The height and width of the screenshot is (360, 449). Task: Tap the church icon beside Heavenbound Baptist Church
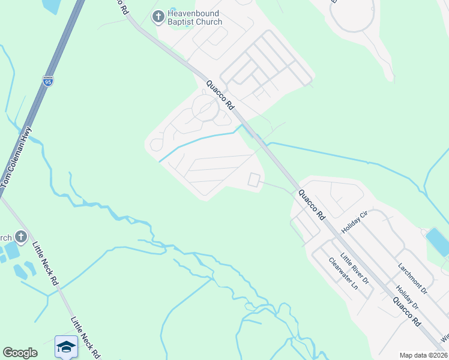click(158, 17)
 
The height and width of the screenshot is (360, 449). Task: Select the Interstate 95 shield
click(48, 80)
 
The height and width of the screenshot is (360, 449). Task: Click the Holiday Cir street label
click(354, 223)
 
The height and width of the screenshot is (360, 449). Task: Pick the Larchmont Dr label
click(412, 277)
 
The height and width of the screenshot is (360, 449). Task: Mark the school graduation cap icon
click(65, 346)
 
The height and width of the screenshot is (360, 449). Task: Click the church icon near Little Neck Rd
click(21, 236)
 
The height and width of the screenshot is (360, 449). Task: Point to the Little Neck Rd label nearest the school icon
click(85, 338)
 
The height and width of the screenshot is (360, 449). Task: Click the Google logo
click(20, 353)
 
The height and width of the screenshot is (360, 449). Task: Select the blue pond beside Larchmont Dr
click(436, 241)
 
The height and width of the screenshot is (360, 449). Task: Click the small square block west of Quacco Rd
click(255, 179)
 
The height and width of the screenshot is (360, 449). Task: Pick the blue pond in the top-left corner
click(51, 5)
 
